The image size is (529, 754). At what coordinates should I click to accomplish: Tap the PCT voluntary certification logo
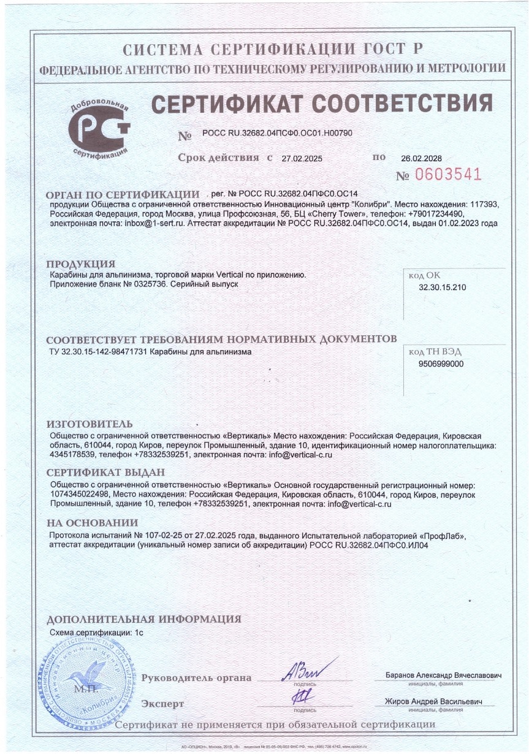coord(99,128)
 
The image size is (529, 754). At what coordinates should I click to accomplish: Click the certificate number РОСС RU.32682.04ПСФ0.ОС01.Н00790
coord(273,134)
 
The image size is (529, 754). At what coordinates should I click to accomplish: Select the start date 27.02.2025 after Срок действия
coord(302,158)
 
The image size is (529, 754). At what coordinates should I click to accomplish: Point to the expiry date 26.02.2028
coord(421,158)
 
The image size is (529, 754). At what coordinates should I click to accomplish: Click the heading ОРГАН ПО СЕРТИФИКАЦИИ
coord(123,194)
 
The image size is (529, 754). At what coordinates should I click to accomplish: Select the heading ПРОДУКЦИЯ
coord(80,264)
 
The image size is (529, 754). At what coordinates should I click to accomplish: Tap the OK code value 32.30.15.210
coord(442,287)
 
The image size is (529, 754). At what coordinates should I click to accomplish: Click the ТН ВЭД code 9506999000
coord(441,364)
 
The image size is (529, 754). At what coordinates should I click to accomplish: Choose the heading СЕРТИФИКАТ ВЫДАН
coord(105,473)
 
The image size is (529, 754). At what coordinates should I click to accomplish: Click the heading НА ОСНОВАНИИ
coord(92,523)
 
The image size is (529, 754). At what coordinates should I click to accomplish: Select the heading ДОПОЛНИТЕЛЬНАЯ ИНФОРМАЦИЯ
coord(143,619)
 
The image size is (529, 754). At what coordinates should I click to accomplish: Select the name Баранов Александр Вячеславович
coord(443,675)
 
